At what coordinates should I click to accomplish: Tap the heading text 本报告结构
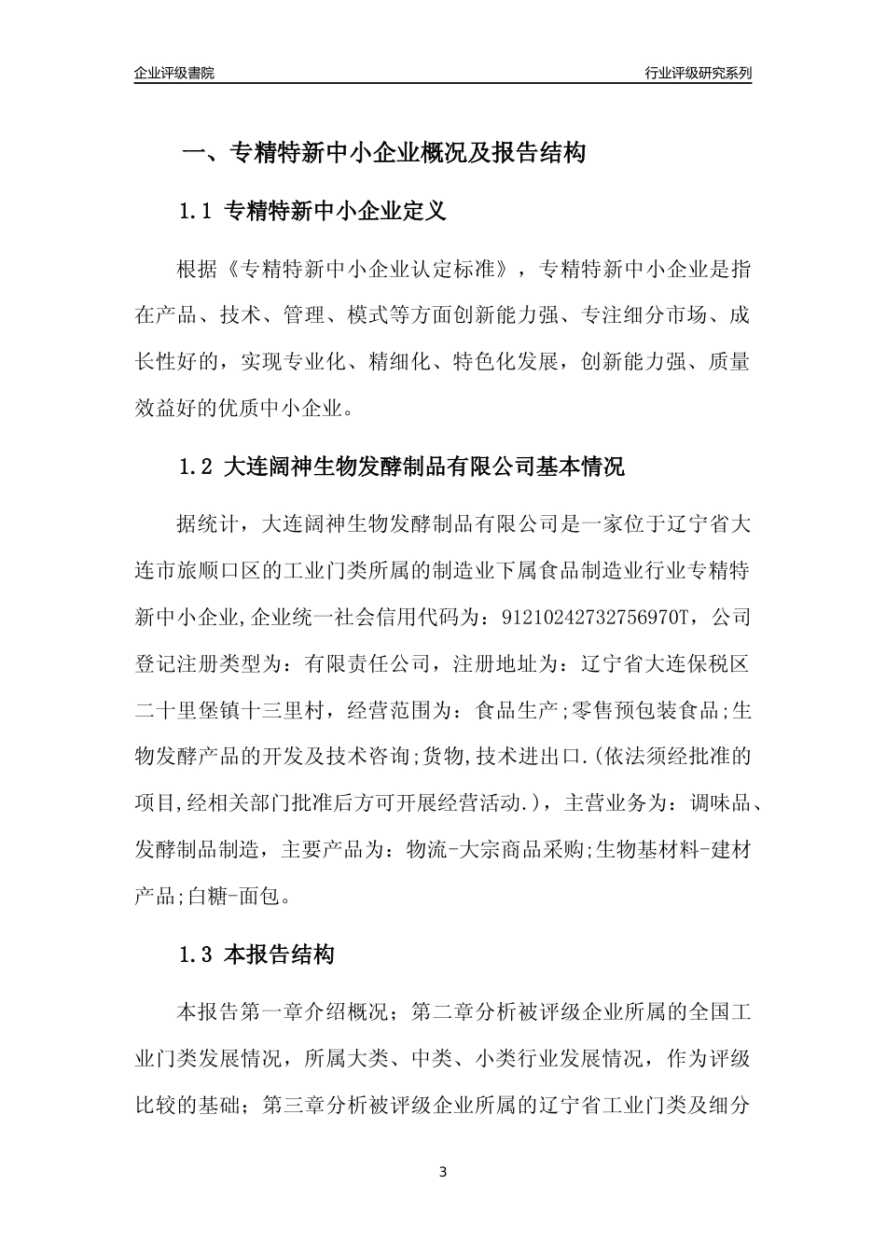tap(279, 954)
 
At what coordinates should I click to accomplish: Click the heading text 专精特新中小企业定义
tap(337, 212)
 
